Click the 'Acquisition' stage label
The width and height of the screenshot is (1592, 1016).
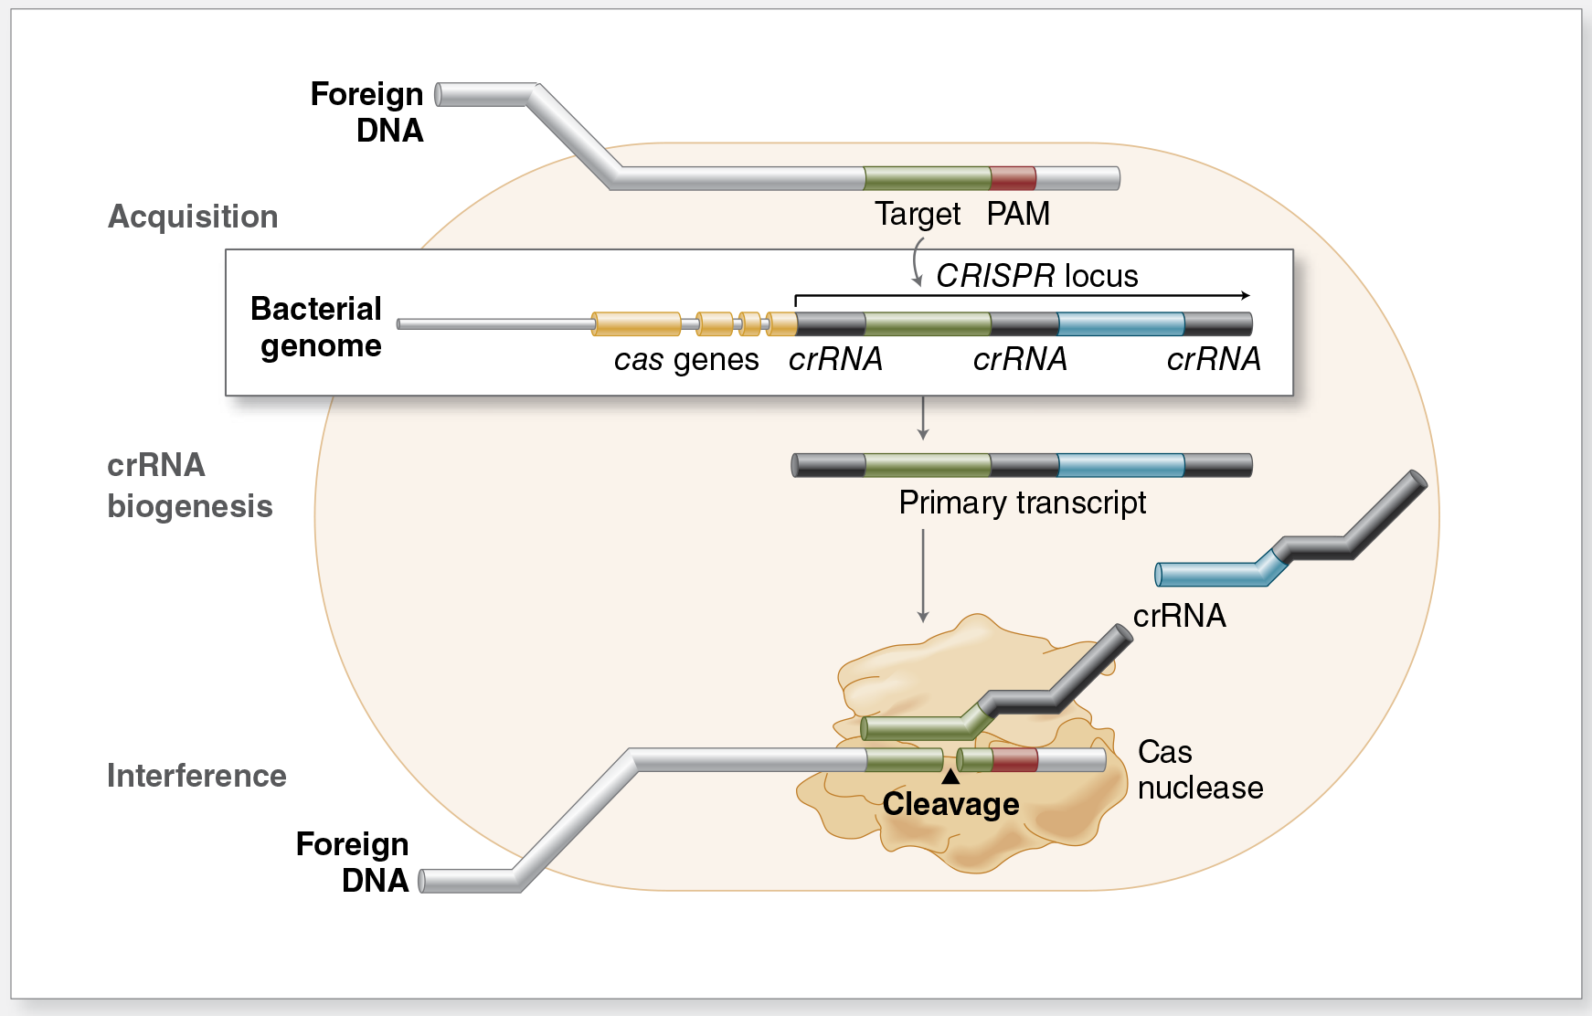coord(193,217)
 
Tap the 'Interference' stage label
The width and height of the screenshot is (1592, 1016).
coord(196,776)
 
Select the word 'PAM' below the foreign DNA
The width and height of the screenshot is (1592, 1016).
coord(1018,214)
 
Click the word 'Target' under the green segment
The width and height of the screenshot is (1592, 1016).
coord(918,214)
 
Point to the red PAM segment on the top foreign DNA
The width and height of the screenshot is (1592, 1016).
coord(1013,178)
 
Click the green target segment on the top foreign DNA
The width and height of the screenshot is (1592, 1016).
coord(927,178)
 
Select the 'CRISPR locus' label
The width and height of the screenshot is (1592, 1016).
coord(1036,275)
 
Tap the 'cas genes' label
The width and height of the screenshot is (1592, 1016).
coord(685,360)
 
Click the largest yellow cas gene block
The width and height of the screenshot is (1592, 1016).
coord(636,323)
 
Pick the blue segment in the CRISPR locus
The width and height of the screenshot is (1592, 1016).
coord(1120,323)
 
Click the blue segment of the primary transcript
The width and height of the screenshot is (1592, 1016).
coord(1120,465)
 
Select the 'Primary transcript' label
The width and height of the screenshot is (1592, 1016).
coord(1022,503)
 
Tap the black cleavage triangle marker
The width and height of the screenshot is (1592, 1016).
coord(950,777)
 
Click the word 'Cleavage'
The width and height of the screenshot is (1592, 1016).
coord(950,804)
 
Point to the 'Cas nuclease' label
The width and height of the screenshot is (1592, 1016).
coord(1199,769)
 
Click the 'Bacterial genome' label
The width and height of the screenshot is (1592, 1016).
coord(316,327)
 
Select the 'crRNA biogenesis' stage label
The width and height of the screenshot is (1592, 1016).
coord(189,485)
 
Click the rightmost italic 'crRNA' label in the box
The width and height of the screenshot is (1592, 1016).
coord(1214,359)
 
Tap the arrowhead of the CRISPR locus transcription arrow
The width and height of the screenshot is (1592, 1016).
coord(1246,295)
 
